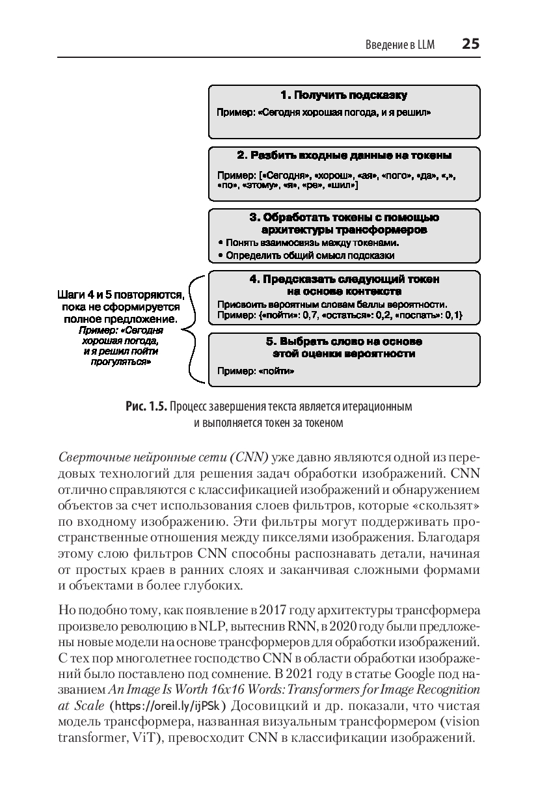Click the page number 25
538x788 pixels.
click(x=470, y=44)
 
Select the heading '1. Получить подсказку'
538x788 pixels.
click(x=344, y=96)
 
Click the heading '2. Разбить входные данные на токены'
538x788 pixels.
click(x=344, y=156)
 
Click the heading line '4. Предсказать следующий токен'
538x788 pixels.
click(x=344, y=279)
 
